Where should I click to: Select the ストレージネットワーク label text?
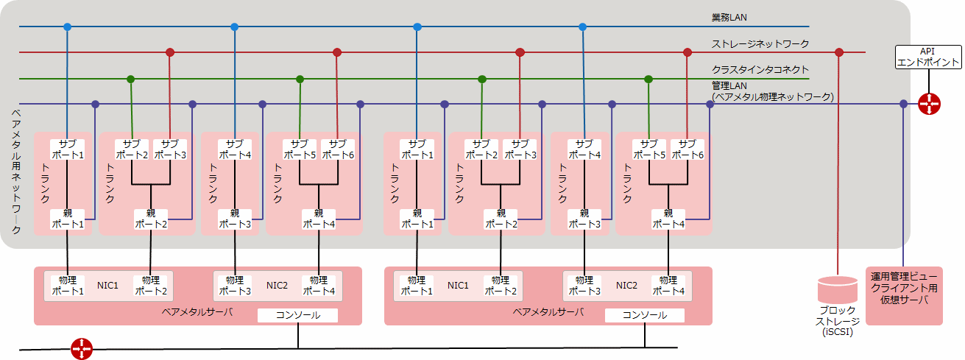point(760,43)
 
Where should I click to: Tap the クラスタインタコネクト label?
point(760,70)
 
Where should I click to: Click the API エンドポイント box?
point(927,57)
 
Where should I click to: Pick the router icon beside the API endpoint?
point(930,105)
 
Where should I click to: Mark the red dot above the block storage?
point(838,52)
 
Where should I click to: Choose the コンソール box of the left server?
point(297,315)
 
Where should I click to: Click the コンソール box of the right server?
point(645,315)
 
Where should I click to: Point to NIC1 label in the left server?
point(107,285)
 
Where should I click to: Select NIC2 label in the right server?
point(626,285)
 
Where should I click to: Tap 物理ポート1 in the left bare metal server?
point(67,286)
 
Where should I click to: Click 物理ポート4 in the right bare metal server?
point(668,286)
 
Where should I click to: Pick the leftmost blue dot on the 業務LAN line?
point(68,27)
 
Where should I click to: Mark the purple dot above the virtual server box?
point(904,105)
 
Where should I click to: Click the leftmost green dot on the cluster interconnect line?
point(131,79)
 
